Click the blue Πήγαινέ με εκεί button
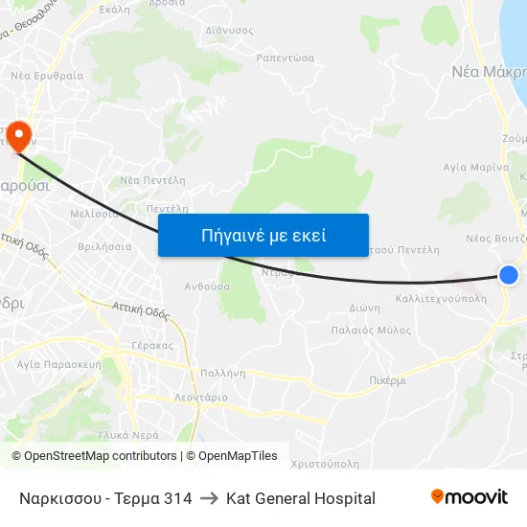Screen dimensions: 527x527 coord(263,235)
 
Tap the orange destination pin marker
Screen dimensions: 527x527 coord(18,136)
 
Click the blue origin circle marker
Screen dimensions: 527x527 coord(509,275)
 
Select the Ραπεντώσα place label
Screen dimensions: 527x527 coord(286,57)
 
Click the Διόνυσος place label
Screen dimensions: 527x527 coord(230,30)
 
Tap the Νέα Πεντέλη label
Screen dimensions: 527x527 coord(152,180)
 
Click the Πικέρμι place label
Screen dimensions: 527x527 coord(387,380)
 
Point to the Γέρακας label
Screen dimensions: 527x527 coord(153,345)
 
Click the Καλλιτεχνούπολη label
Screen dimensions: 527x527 coord(441,299)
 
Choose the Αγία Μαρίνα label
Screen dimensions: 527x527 coord(475,167)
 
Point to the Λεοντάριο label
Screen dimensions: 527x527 coord(201,397)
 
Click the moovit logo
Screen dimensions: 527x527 coord(470,497)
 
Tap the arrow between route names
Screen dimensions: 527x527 coord(209,498)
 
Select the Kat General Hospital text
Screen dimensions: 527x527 coord(301,498)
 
